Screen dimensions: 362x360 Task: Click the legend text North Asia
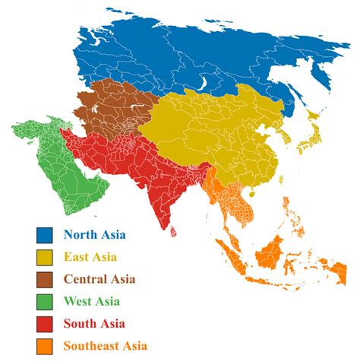[95, 236]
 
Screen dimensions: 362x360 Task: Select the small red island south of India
[175, 226]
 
